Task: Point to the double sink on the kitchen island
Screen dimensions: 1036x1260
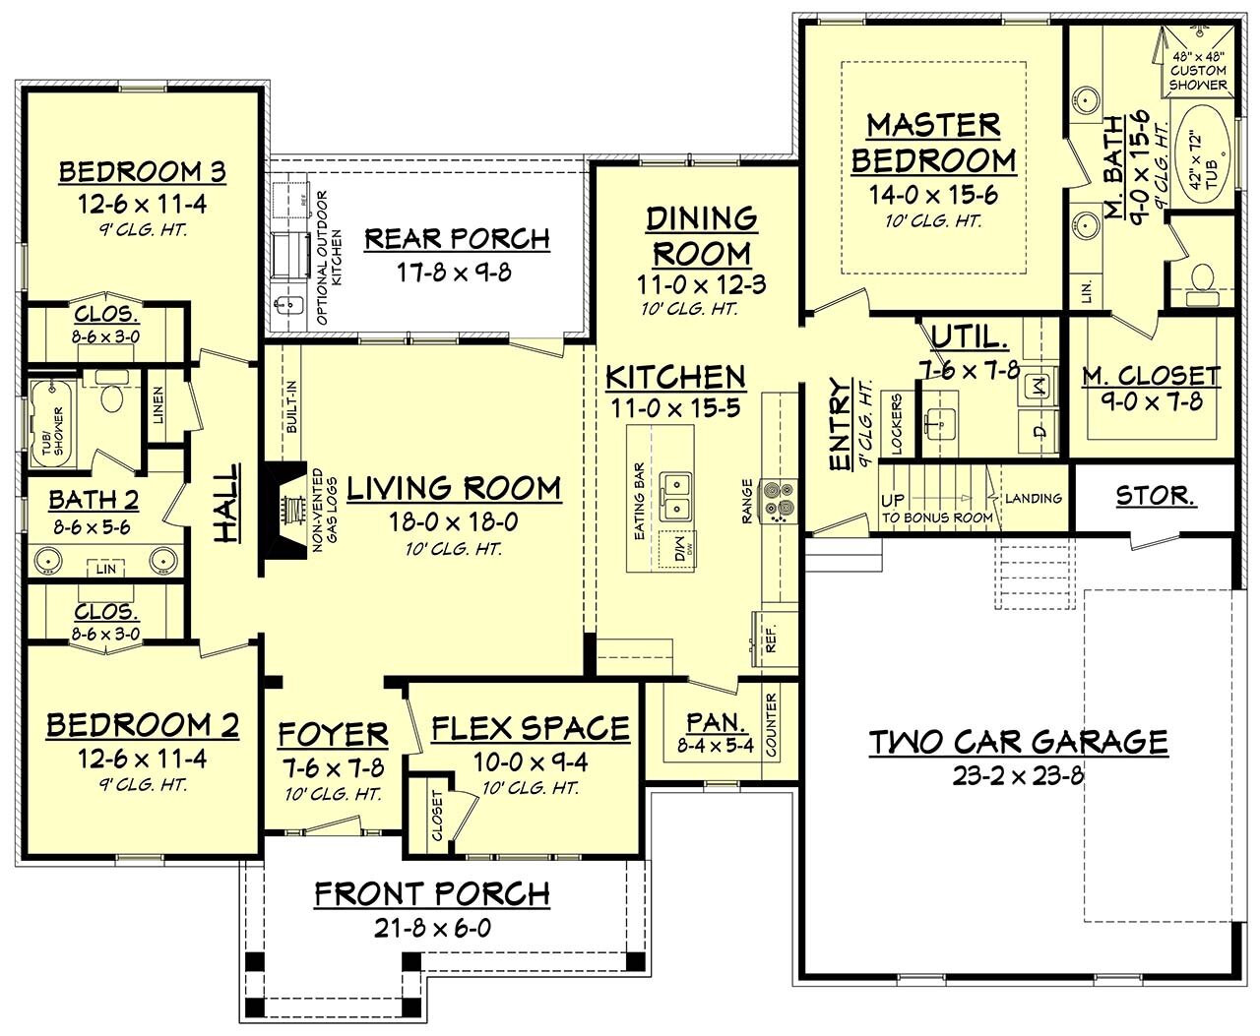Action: click(x=676, y=497)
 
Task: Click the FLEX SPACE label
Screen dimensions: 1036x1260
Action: click(x=531, y=728)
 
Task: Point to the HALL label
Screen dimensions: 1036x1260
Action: click(x=226, y=505)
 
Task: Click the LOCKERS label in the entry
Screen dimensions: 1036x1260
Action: click(x=897, y=425)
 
